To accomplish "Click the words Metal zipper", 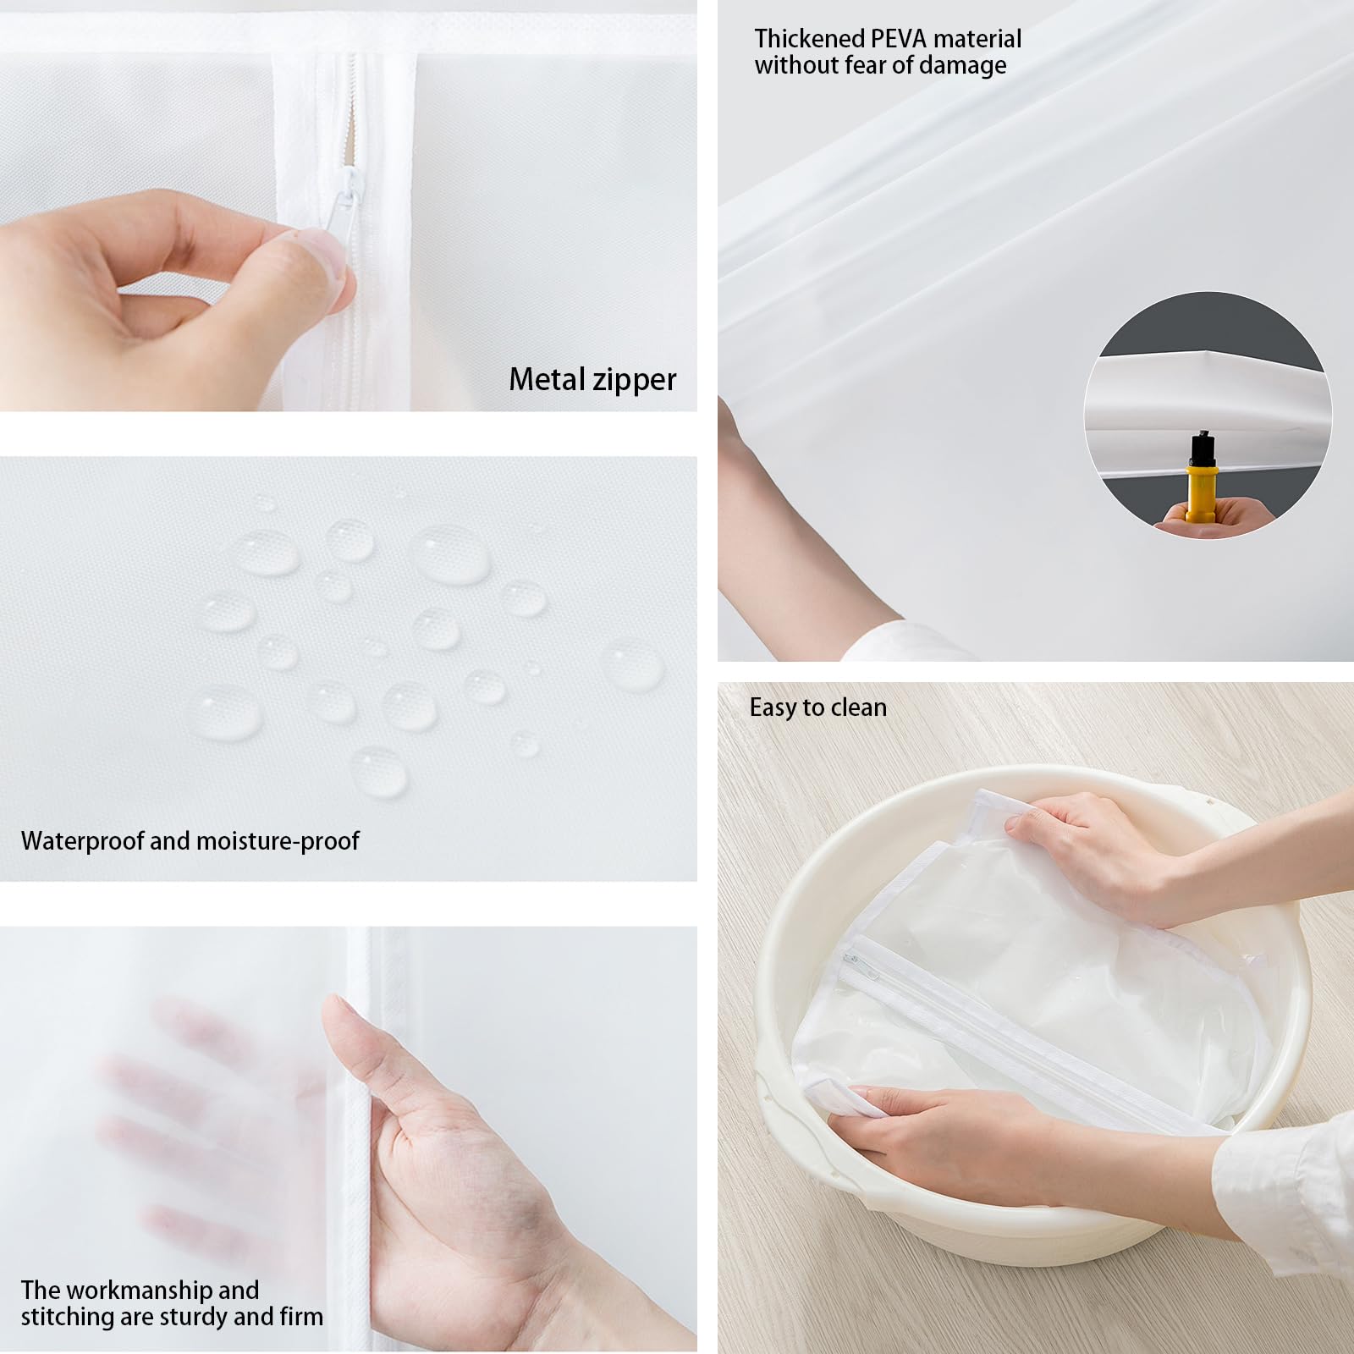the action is coord(592,380).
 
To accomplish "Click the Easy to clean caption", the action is coord(817,707).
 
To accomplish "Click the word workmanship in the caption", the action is coord(140,1291).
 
